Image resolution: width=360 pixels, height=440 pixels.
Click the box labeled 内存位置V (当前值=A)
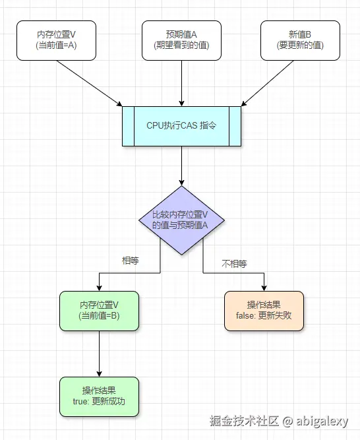pos(56,40)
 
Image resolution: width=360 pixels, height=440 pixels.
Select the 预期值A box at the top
pos(181,40)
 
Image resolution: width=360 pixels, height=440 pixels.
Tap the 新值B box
pos(300,40)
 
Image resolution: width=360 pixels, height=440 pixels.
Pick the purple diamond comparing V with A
pos(181,220)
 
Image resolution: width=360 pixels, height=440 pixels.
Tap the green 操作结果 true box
pos(99,396)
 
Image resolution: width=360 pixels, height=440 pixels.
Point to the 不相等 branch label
pos(233,263)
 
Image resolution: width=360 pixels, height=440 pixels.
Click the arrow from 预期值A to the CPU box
pos(181,82)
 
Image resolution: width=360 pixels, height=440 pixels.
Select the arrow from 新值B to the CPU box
pos(270,82)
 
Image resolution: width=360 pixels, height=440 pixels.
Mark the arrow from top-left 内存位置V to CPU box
pos(89,82)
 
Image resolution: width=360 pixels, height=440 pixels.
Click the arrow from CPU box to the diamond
pos(181,165)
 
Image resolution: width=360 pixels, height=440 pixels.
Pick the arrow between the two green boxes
pos(99,353)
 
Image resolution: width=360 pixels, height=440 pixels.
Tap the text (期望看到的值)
pos(181,46)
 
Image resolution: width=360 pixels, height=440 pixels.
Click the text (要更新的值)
pos(300,46)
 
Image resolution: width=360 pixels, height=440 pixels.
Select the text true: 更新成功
pos(99,402)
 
